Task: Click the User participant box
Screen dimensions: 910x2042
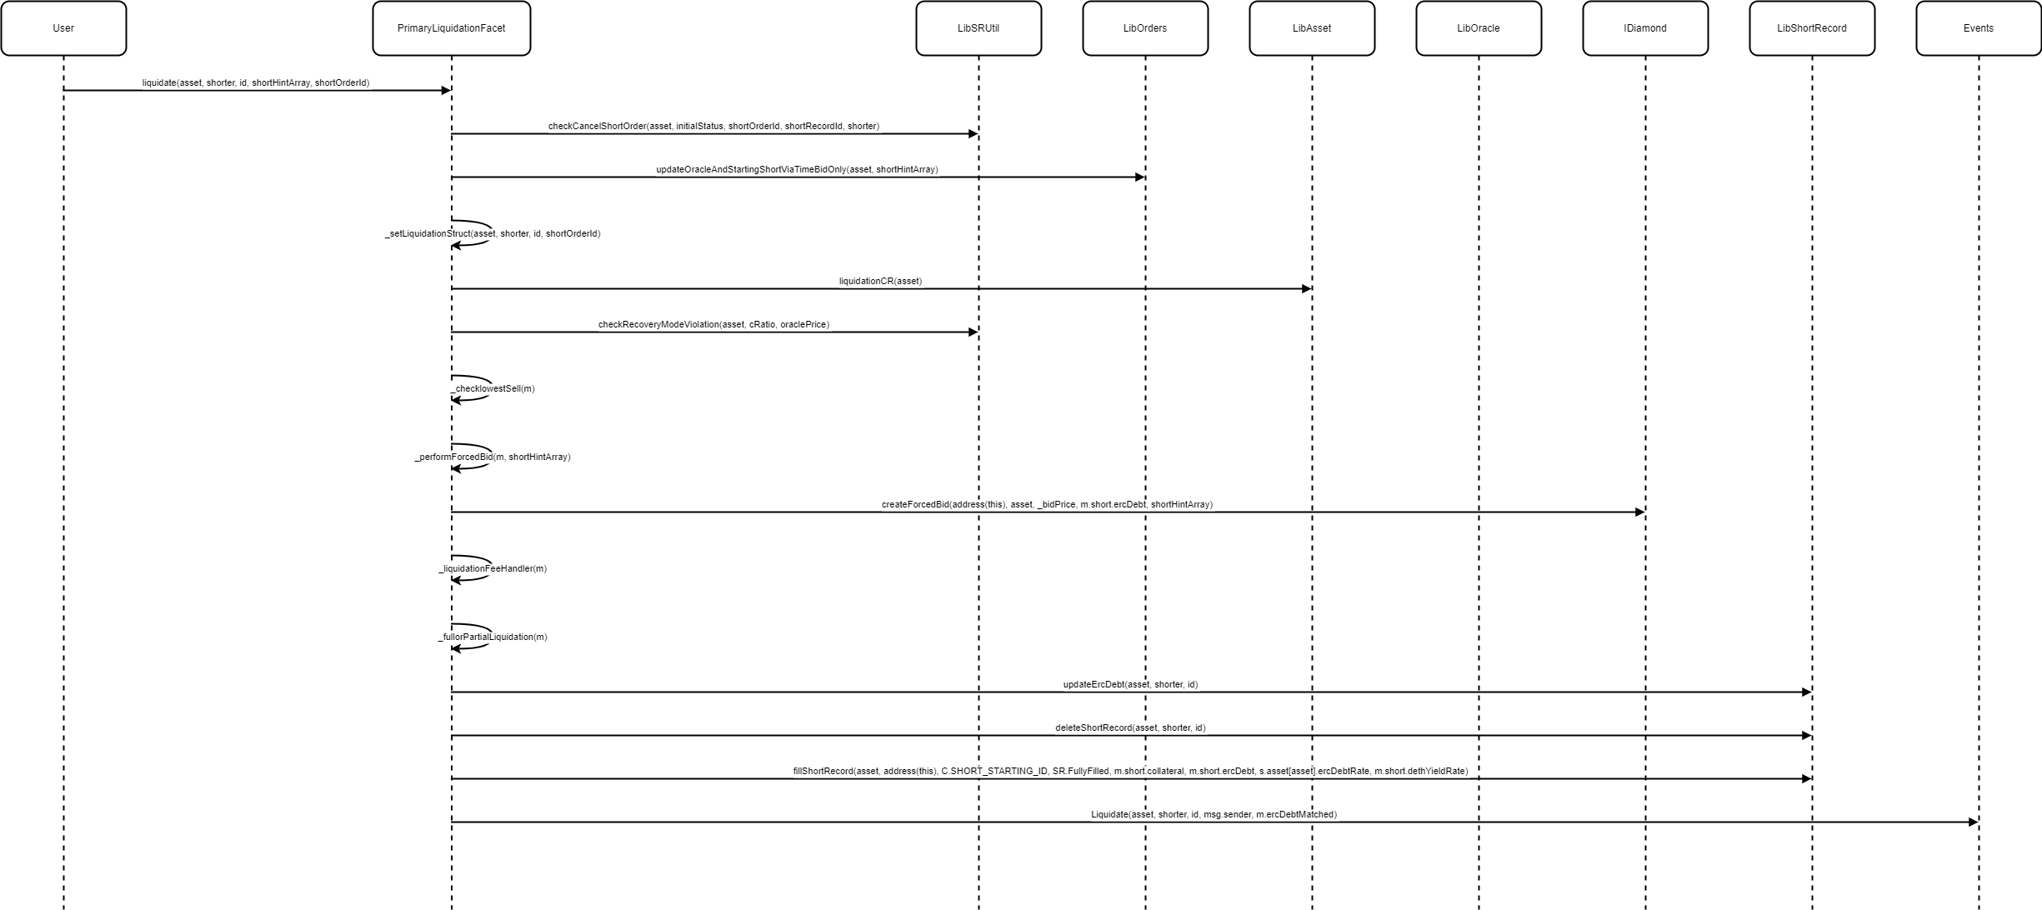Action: click(63, 28)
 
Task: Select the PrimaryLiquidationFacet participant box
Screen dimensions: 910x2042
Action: click(451, 28)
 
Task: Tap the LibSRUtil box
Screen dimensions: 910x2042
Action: click(978, 28)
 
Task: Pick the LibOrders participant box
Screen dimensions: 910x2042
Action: click(1145, 28)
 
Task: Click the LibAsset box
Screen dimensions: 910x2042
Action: click(1312, 28)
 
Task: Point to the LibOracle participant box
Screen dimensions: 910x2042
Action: click(1479, 28)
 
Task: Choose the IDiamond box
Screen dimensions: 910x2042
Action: click(1645, 28)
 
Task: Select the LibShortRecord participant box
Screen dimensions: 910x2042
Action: click(1812, 28)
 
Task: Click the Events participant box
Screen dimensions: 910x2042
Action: click(1979, 28)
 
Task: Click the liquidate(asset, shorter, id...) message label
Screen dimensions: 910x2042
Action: click(256, 83)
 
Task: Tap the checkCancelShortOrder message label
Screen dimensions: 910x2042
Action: click(713, 127)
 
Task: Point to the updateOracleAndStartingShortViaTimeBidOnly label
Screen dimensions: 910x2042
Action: click(797, 170)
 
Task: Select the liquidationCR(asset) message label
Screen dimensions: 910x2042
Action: click(880, 282)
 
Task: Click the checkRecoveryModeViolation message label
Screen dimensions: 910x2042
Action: click(713, 325)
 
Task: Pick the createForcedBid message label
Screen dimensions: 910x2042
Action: click(1047, 505)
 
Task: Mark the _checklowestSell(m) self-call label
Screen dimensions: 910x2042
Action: click(493, 389)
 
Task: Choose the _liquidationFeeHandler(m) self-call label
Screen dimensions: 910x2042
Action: click(493, 569)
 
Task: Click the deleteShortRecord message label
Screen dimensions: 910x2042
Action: click(1130, 728)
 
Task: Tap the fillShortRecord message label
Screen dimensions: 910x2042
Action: click(1130, 772)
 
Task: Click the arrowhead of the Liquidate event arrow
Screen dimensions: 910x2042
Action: click(1973, 822)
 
